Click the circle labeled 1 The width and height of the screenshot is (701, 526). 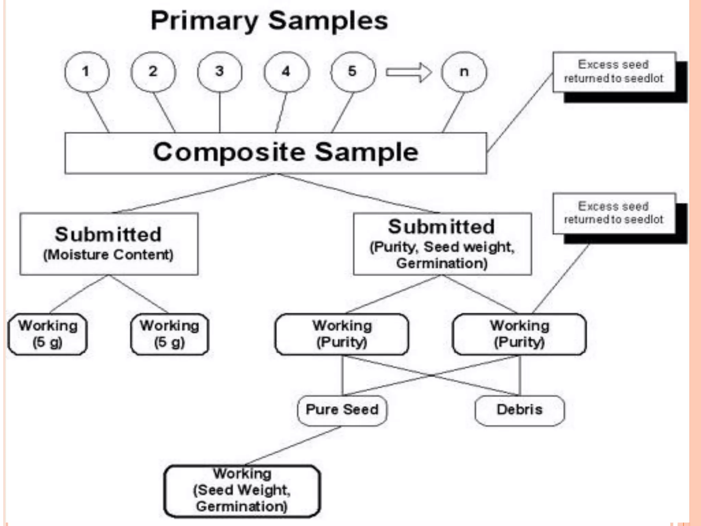[x=87, y=72]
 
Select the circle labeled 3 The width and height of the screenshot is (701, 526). [x=219, y=72]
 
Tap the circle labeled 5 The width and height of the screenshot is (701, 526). [x=353, y=72]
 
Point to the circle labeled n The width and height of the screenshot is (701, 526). [x=464, y=72]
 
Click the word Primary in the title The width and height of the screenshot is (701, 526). [x=204, y=21]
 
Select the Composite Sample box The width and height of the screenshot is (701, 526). [x=276, y=153]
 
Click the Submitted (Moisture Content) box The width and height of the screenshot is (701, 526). [x=109, y=244]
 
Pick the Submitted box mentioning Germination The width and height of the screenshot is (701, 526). [x=442, y=244]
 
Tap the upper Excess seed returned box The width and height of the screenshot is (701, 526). [x=614, y=72]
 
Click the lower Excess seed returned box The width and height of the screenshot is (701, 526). [x=614, y=213]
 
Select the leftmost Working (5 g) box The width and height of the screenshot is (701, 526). [x=48, y=334]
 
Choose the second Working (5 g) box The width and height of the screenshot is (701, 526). [x=170, y=334]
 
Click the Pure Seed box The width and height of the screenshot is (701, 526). [x=342, y=410]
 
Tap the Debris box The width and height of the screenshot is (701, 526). [x=520, y=410]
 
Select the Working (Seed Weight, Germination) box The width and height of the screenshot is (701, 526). [x=242, y=490]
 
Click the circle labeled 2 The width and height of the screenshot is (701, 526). [x=153, y=72]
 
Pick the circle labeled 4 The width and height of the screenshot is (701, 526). [x=286, y=72]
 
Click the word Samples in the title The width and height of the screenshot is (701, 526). [x=328, y=21]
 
